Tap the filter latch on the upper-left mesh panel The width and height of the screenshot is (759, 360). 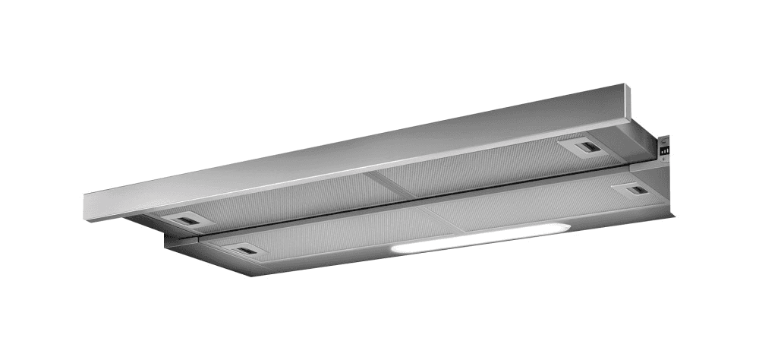click(x=187, y=219)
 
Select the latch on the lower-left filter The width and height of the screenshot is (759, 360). click(x=243, y=249)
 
